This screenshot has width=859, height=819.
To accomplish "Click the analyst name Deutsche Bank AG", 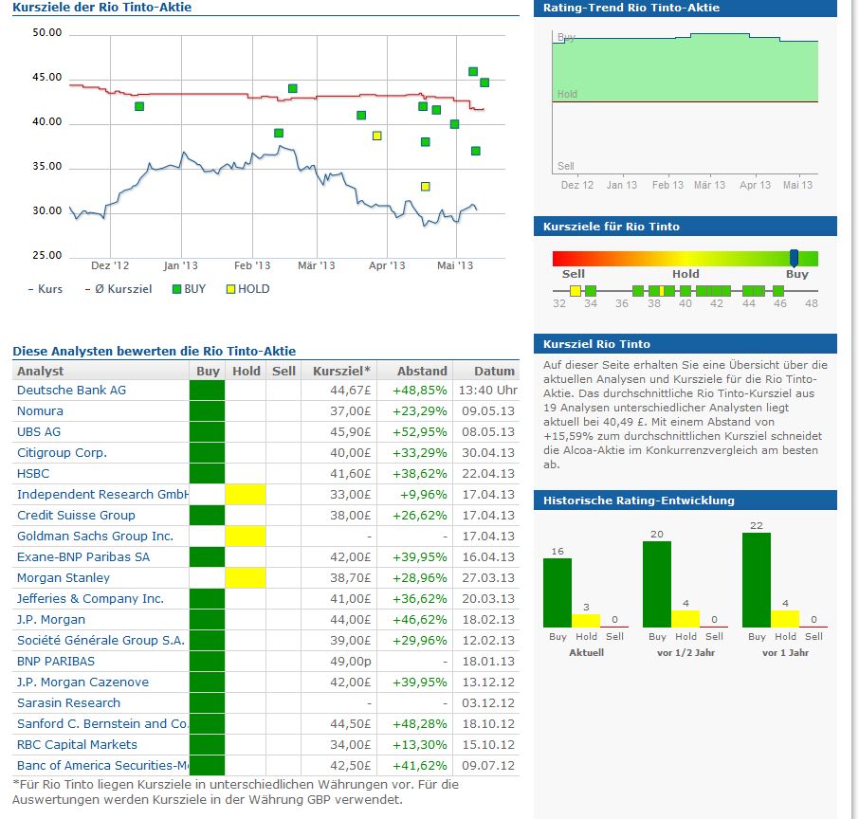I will pos(71,391).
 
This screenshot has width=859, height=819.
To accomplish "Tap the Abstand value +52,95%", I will pos(419,432).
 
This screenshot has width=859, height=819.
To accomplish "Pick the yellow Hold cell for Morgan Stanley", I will pos(246,578).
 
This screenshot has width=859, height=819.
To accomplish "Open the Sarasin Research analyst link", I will pos(68,703).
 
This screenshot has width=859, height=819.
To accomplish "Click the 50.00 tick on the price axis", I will pos(46,32).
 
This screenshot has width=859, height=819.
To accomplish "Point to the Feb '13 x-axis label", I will pos(252,266).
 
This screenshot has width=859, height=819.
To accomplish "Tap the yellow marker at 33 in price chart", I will pos(426,187).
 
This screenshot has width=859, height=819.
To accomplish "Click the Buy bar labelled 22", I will pos(756,579).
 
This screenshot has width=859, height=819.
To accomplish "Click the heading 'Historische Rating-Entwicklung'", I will pos(638,500).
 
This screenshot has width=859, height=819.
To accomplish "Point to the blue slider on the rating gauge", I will pos(794,258).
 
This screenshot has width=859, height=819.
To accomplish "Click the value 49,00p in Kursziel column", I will pos(347,662).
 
